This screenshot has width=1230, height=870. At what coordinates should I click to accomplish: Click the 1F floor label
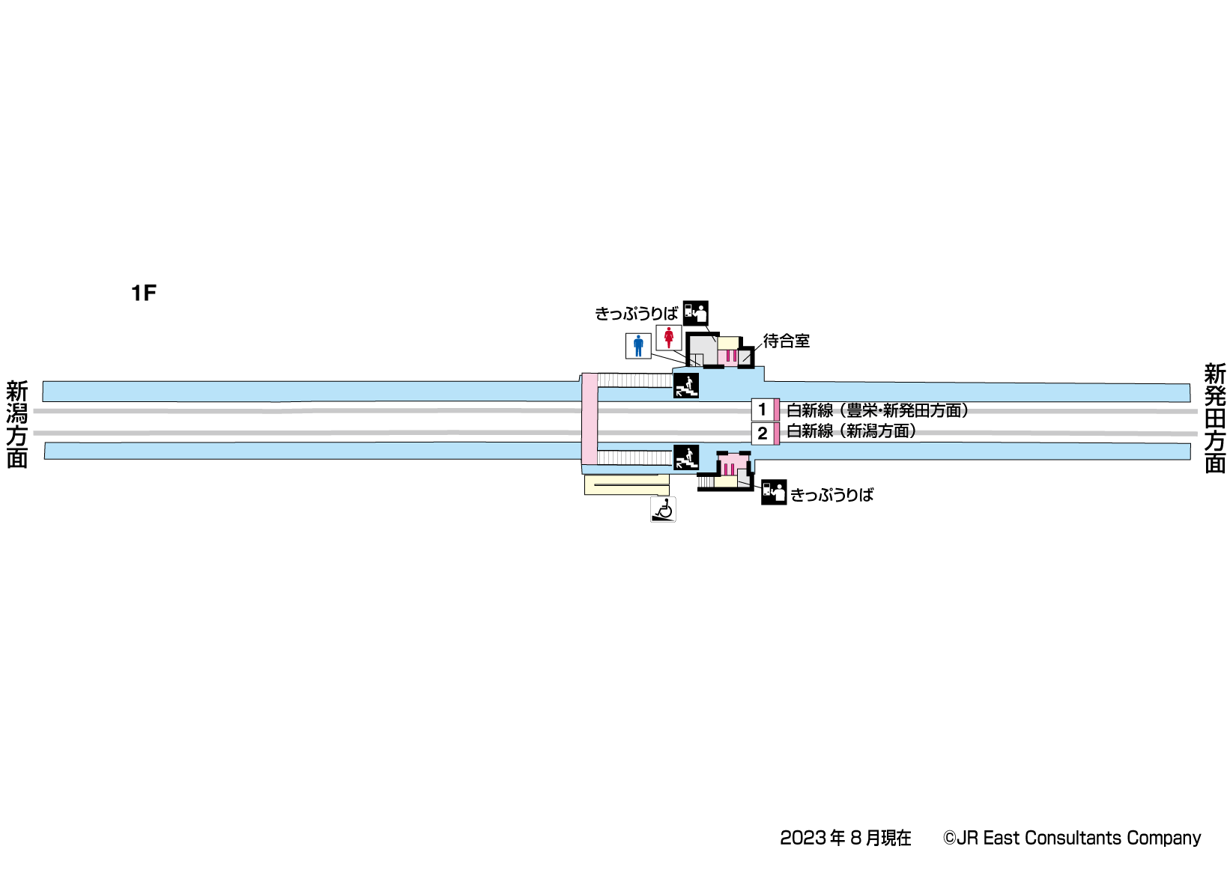point(143,293)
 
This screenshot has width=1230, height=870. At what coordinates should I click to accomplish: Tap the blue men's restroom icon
point(638,346)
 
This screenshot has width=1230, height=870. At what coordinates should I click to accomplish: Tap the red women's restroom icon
point(669,338)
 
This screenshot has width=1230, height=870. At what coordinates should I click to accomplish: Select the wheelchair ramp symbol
point(663,510)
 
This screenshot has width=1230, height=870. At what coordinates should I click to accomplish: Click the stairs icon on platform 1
point(686,386)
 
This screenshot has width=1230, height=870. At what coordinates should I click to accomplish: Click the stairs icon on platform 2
point(686,457)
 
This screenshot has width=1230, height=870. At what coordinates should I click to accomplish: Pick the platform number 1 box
point(763,410)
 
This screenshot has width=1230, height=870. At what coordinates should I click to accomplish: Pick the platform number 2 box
point(763,434)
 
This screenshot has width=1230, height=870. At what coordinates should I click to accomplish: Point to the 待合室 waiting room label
point(787,341)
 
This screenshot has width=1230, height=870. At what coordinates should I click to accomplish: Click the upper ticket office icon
point(695,313)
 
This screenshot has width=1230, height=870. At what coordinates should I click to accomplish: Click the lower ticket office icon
point(774,492)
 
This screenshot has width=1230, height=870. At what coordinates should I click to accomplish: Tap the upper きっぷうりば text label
point(636,314)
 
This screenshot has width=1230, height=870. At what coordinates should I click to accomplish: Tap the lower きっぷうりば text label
point(832,495)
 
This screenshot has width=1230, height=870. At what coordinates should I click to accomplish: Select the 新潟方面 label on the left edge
point(16,425)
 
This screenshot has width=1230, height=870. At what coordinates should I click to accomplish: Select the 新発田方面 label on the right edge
point(1214,419)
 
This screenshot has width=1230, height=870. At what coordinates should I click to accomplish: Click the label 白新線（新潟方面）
point(852,431)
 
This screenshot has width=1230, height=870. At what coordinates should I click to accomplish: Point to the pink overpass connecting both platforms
point(590,419)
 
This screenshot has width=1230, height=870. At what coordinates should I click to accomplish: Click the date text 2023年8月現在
point(845,838)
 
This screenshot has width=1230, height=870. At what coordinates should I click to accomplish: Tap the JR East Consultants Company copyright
point(1071,838)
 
